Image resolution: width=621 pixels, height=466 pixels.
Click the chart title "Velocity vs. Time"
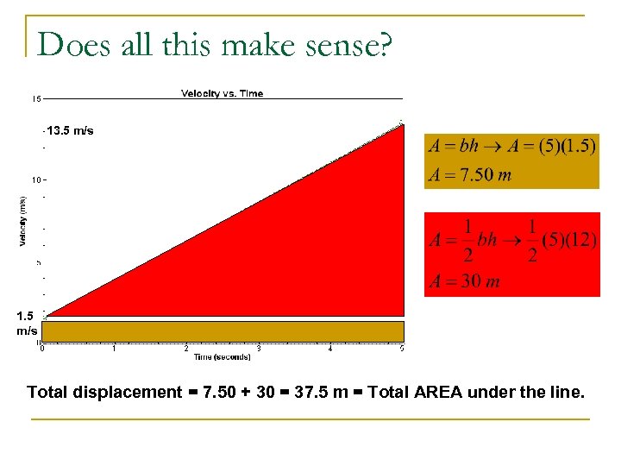pos(222,93)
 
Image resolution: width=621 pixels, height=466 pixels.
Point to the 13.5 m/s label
pos(71,131)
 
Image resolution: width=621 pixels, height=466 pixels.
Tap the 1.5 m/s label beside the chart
pos(27,324)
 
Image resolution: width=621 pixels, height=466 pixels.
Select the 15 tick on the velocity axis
pos(37,99)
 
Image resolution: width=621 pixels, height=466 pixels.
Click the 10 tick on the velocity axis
pos(36,180)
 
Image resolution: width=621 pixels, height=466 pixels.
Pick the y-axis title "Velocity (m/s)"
pos(23,220)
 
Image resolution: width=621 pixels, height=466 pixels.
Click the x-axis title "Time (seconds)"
pos(222,356)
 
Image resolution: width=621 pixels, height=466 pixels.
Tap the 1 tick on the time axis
pos(115,349)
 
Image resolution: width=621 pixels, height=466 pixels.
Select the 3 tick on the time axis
pos(259,349)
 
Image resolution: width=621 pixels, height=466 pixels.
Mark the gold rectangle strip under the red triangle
pos(223,331)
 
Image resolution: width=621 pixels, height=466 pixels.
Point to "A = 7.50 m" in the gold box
pos(470,175)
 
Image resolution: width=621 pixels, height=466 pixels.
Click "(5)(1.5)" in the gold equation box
pos(566,146)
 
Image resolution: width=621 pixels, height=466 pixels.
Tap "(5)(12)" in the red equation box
pos(569,239)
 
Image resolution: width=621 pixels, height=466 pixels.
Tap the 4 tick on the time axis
pos(330,349)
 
